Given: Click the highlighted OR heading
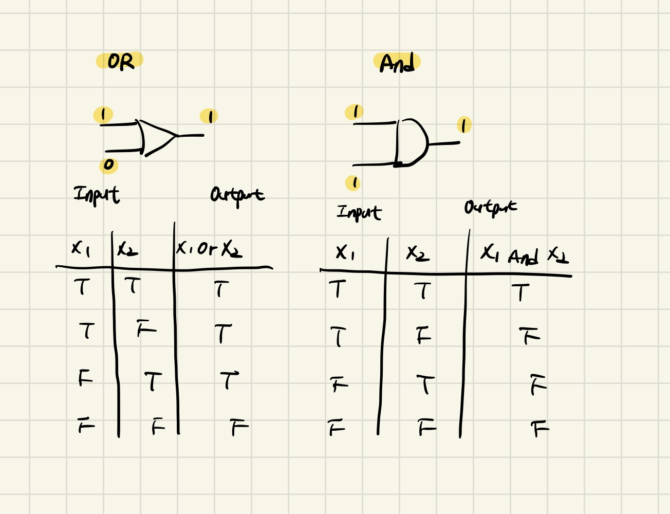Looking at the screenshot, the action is (x=120, y=62).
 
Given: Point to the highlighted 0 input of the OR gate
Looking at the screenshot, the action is (x=108, y=165).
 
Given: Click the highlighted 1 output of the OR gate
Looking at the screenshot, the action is (x=209, y=117).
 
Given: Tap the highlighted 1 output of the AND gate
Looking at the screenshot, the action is (x=464, y=125).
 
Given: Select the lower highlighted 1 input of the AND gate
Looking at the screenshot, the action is (x=353, y=183).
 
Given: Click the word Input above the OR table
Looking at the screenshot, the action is (x=97, y=195).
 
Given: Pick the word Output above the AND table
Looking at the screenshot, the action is (x=491, y=207).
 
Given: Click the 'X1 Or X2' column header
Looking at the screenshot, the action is (x=209, y=249).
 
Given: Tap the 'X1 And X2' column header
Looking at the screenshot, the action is (x=524, y=254).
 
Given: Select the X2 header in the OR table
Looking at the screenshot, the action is (x=127, y=250).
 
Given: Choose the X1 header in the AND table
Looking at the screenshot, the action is (x=345, y=252).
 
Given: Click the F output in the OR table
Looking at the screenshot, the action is (x=239, y=427).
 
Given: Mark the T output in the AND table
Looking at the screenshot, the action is (x=520, y=293).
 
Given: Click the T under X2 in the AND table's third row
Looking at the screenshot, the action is (x=425, y=384).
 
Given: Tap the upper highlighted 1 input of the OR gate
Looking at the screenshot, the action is (x=103, y=115).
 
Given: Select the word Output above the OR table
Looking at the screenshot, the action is (x=237, y=195).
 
